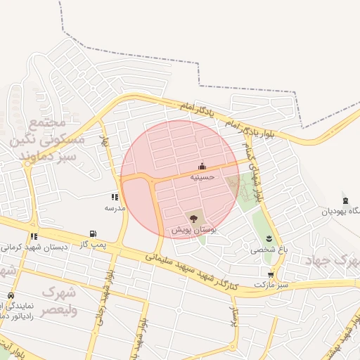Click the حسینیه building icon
[x=202, y=167]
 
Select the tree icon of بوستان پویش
[x=194, y=219]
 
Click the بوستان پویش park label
[x=194, y=230]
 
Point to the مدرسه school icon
[x=115, y=198]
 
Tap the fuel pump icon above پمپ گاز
[x=93, y=233]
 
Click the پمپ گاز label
[x=93, y=244]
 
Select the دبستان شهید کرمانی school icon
[x=34, y=237]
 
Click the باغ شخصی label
[x=269, y=250]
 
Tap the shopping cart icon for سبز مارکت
[x=271, y=275]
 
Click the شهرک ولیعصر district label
[x=60, y=300]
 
